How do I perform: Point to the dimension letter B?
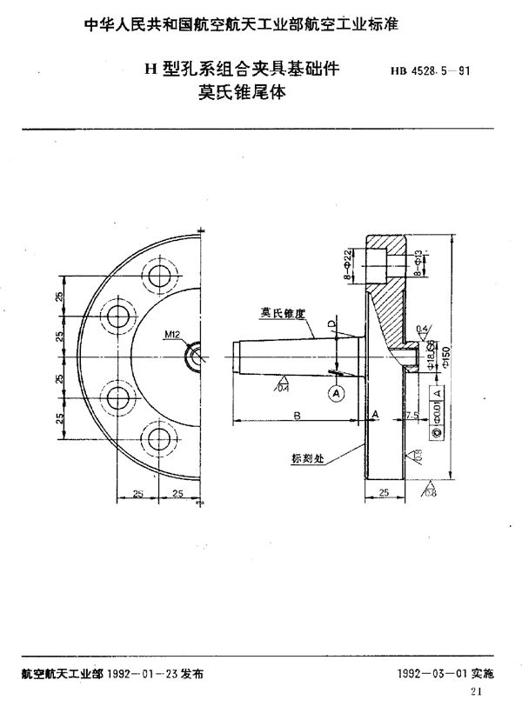[x=297, y=417]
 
